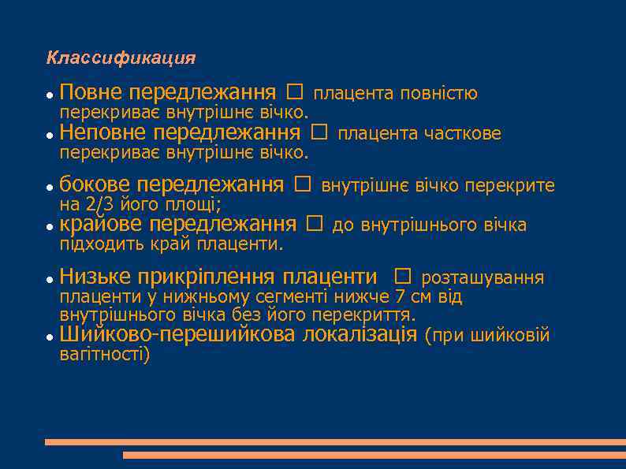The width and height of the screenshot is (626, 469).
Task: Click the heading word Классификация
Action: tap(121, 58)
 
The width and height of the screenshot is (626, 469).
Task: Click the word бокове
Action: tap(94, 185)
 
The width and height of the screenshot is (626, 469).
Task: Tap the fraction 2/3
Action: tap(98, 206)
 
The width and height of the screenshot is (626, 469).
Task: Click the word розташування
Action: tap(483, 278)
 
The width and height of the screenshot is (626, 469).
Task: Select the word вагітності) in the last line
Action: tap(104, 355)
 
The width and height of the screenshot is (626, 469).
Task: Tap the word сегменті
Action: tap(299, 297)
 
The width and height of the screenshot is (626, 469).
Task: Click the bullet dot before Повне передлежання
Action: tap(49, 95)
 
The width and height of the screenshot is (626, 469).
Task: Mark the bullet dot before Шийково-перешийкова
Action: tap(49, 337)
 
